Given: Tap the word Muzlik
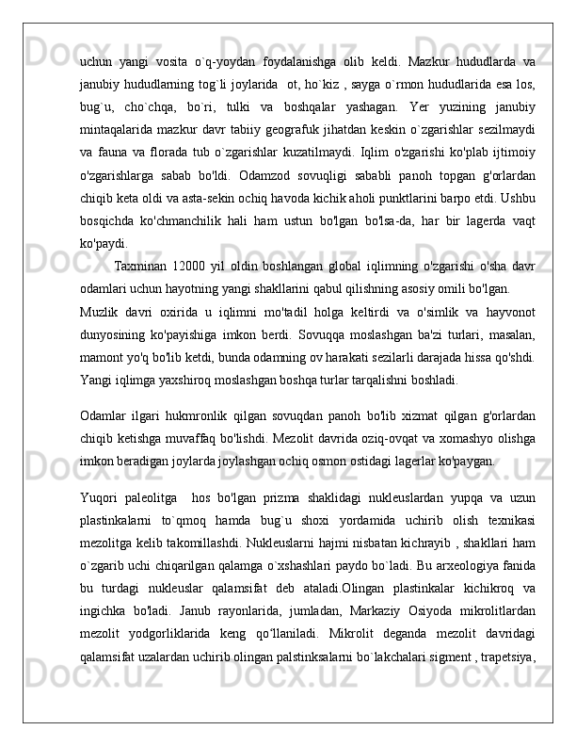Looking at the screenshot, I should point(99,312).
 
